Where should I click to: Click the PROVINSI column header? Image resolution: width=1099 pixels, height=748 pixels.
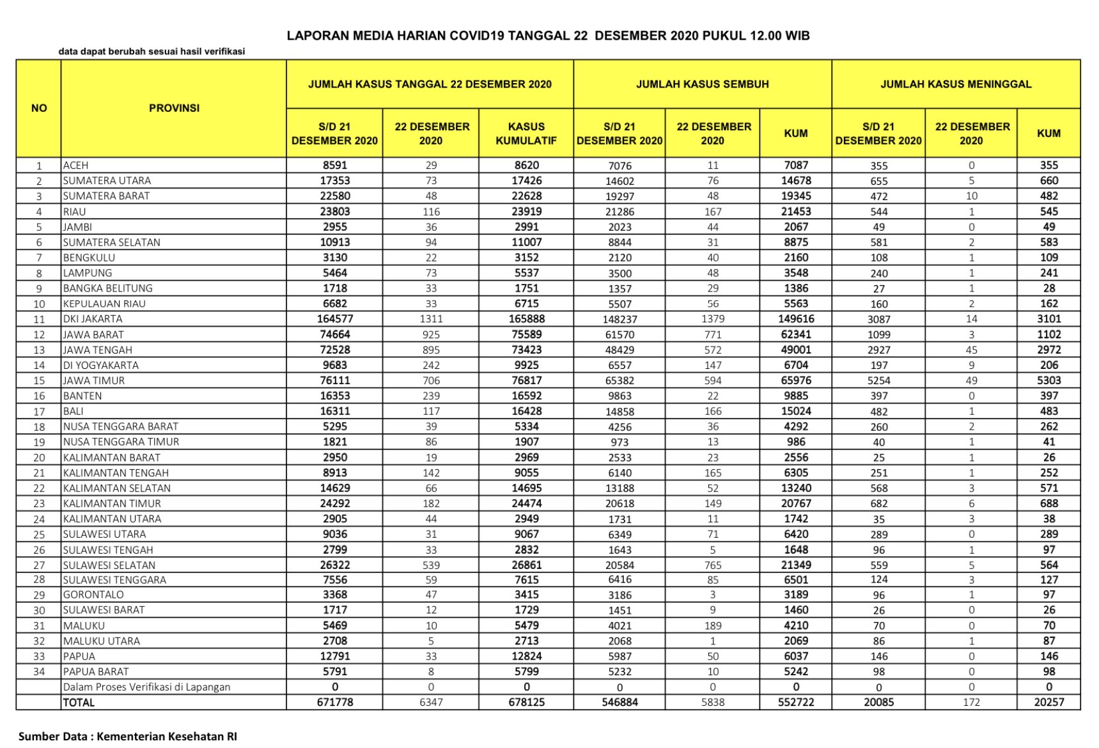pos(174,108)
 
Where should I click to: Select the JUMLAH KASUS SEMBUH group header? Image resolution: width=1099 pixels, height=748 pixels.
pos(702,84)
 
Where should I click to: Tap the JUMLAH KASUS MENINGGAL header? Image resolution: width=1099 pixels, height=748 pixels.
pos(956,84)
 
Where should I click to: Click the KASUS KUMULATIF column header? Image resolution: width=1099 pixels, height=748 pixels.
pos(526,134)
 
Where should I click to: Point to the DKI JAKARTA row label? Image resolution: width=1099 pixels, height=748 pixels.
pos(93,319)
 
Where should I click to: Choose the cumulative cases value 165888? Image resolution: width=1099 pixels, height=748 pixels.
pos(526,319)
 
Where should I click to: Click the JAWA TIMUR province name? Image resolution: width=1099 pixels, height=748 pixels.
pos(94,380)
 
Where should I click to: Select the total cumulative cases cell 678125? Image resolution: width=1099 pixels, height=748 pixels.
pos(526,702)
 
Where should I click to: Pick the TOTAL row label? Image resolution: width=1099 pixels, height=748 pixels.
pos(79,702)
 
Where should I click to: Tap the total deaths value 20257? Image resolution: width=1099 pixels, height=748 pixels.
pos(1048,702)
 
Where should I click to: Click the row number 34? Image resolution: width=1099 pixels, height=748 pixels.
pos(39,671)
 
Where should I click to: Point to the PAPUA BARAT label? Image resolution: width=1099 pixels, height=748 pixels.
pos(96,671)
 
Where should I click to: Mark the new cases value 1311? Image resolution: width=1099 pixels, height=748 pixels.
pos(431,319)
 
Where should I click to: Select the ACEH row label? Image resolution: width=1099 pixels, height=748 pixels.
pos(75,165)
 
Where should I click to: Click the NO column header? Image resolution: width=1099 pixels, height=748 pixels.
pos(39,108)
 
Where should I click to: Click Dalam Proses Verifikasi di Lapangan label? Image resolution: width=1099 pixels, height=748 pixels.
pos(146,687)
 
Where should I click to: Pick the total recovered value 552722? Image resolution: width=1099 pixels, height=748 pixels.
pos(795,702)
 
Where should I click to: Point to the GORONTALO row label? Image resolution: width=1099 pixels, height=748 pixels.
pos(93,595)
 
